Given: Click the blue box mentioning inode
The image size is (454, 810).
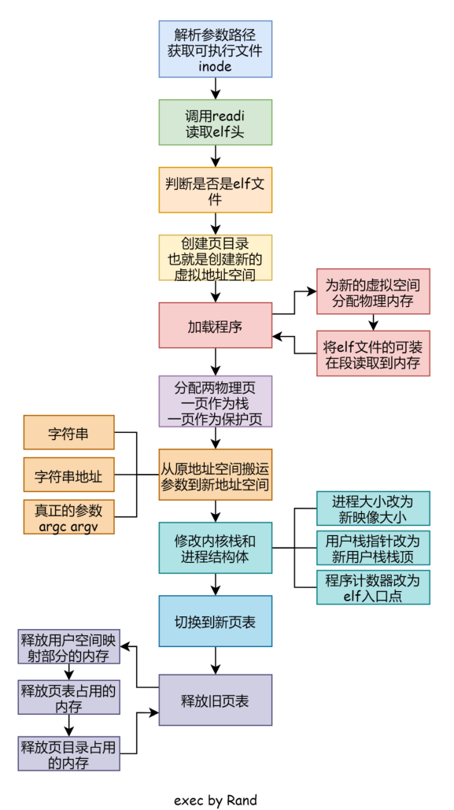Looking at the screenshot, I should coord(215,49).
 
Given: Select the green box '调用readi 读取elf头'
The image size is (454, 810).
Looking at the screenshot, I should coord(215,122).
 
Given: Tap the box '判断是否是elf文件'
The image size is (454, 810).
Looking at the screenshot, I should coord(215,190).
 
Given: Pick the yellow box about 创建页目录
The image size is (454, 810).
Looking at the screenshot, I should coord(215,257).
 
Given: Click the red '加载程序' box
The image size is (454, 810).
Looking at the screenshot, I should coord(215,325).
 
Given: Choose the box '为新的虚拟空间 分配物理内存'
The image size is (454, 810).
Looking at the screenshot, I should coord(373,292).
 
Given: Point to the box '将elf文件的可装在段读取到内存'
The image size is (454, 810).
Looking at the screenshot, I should coord(373,353).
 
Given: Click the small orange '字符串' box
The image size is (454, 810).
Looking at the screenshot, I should coord(68,432).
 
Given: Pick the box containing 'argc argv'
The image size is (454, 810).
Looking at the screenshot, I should coord(68,516).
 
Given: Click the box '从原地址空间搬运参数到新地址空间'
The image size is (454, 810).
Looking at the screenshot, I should coord(215,475).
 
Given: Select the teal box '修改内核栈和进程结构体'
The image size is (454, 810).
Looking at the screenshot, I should coord(215,548).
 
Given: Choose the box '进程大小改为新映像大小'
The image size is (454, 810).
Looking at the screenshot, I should coord(373,509).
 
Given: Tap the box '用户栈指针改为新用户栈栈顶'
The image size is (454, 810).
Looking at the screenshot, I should coord(373,548).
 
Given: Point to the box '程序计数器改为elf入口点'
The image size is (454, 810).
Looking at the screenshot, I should coord(373,587).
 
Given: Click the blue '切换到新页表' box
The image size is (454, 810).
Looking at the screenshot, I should coord(215,621).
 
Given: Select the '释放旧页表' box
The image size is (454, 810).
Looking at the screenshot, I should coord(215,700).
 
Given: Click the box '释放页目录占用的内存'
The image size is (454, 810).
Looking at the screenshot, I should coord(68,753).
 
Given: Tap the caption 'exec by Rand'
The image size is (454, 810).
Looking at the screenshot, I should coord(215,800).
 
